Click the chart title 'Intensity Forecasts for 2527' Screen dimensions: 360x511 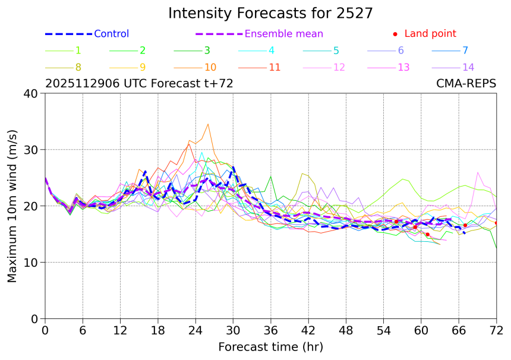click(x=270, y=13)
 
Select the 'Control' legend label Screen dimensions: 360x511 click(x=111, y=34)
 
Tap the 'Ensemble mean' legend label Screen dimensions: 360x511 click(x=284, y=34)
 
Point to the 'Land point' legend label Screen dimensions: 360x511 click(x=430, y=34)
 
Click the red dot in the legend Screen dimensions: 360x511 click(x=395, y=34)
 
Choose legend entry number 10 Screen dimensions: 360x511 click(x=210, y=67)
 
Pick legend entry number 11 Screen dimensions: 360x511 click(x=275, y=67)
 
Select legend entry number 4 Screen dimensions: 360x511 click(x=271, y=50)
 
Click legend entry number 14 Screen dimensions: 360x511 click(x=468, y=67)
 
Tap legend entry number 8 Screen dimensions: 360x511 click(x=78, y=67)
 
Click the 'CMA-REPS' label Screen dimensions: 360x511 click(x=466, y=84)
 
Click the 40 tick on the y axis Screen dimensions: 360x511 click(x=32, y=93)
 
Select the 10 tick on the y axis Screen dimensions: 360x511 click(x=32, y=263)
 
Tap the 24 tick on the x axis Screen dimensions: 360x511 click(x=195, y=330)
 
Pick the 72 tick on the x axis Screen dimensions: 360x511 click(x=496, y=330)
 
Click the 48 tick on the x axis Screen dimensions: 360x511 click(x=346, y=330)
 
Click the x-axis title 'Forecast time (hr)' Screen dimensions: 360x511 click(x=270, y=346)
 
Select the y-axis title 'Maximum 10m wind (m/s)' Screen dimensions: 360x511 click(x=12, y=206)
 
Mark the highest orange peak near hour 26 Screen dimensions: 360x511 click(x=208, y=124)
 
